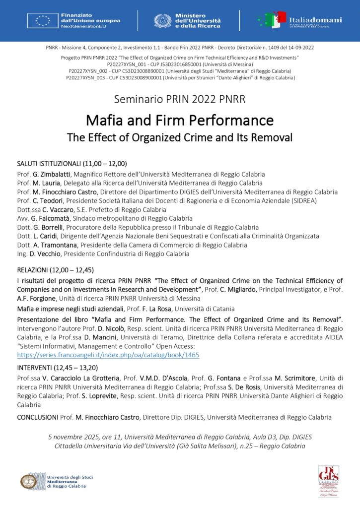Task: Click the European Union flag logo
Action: (43, 20)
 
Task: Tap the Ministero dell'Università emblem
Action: (163, 21)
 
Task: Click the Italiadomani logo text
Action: (315, 20)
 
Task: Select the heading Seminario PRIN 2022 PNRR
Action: (179, 99)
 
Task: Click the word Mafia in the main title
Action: (102, 120)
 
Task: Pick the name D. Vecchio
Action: (45, 254)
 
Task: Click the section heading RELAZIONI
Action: (32, 270)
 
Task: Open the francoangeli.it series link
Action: (108, 355)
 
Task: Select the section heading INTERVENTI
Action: (35, 368)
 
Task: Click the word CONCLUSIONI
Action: (38, 417)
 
